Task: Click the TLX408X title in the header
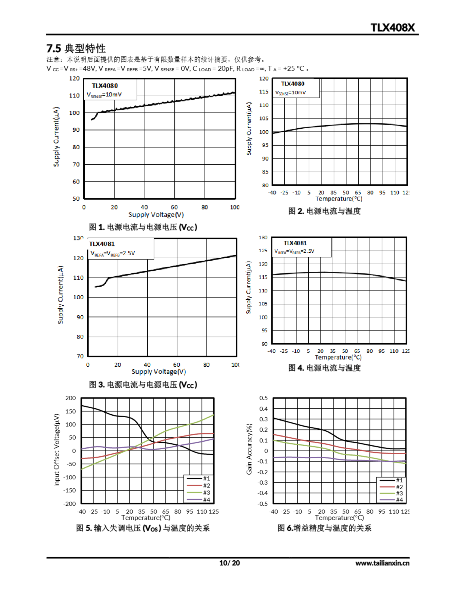click(392, 28)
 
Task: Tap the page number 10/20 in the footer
click(229, 563)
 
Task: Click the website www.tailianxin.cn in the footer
click(382, 563)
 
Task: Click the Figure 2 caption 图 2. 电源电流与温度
click(324, 211)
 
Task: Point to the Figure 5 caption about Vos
click(143, 528)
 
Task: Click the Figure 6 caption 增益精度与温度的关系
click(324, 528)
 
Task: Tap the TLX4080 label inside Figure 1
click(105, 86)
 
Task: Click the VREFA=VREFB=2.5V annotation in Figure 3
click(113, 253)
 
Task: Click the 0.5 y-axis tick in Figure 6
click(263, 398)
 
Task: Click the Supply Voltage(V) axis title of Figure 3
click(159, 372)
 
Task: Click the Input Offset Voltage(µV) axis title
click(56, 450)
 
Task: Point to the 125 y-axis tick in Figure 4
click(263, 251)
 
